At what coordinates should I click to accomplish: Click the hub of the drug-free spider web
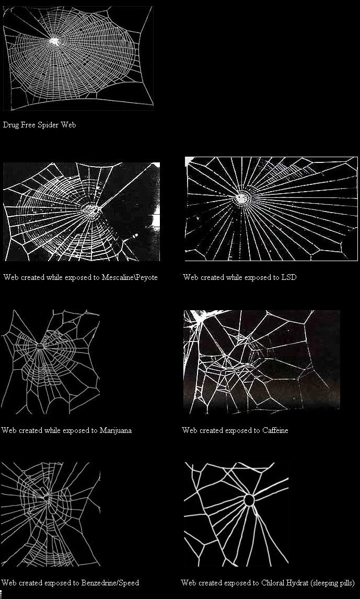click(x=54, y=40)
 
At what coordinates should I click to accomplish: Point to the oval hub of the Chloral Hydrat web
click(x=249, y=500)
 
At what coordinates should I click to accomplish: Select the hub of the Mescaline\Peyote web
click(x=92, y=209)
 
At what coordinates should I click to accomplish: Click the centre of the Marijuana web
click(x=41, y=346)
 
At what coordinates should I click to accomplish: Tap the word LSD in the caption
click(x=288, y=277)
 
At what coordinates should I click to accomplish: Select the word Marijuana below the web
click(x=115, y=430)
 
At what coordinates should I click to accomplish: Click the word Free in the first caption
click(x=30, y=125)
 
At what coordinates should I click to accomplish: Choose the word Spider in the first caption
click(x=50, y=125)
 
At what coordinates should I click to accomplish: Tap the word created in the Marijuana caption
click(x=29, y=430)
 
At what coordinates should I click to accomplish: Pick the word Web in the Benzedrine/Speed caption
click(x=8, y=582)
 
